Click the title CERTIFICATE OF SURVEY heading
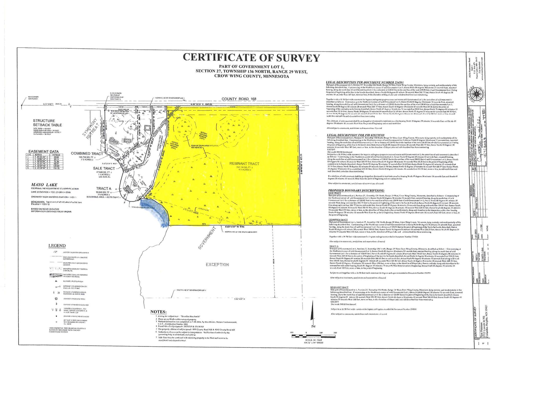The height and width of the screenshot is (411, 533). pos(251,58)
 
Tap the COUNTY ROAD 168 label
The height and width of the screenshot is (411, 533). pos(239,99)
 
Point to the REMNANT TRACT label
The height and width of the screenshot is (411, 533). pos(244,164)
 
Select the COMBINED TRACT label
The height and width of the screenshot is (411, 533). pos(87,154)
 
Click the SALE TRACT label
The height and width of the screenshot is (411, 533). pos(104,168)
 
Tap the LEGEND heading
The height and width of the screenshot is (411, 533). pos(57,246)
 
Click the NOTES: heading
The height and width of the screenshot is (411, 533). pos(158,312)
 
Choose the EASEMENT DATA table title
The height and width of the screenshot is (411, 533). pos(43,152)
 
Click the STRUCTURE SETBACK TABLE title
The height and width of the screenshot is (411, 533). pos(47,123)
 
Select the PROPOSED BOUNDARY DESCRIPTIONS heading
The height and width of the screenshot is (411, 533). pos(356,191)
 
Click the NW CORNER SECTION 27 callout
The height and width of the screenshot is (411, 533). pos(33,98)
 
